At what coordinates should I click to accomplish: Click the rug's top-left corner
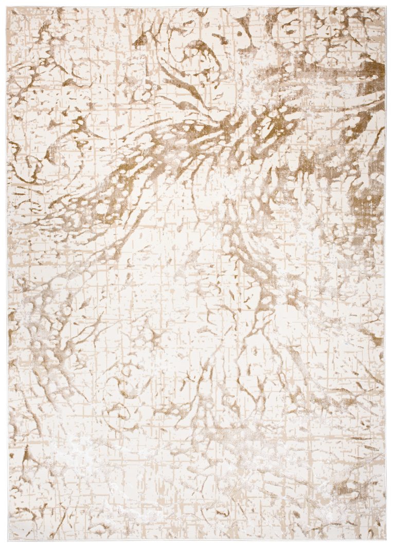tap(7, 8)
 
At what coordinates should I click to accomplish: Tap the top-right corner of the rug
tap(386, 7)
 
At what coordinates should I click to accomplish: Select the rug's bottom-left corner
tap(8, 541)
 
